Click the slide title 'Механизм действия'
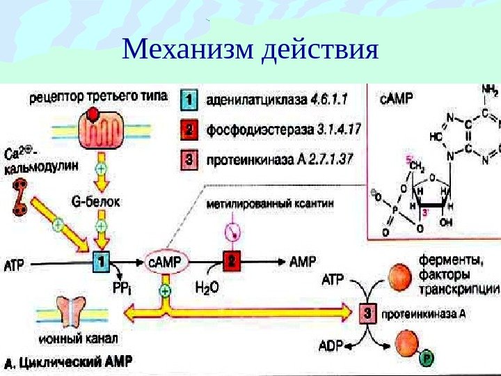tap(250, 49)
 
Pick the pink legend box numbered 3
tap(190, 160)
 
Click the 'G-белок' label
tap(96, 203)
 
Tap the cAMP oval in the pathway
tap(165, 262)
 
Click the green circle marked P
tap(427, 359)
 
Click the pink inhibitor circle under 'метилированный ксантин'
tap(230, 229)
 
